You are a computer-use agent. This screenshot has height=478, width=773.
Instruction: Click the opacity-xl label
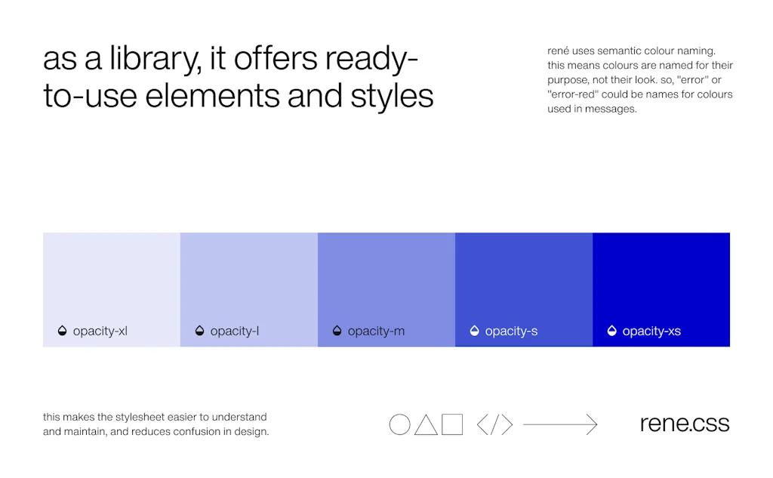(100, 331)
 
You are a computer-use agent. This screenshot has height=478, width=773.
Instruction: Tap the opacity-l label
(235, 331)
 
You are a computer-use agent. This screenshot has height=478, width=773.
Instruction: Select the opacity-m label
(376, 331)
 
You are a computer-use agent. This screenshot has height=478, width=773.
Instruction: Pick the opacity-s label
(511, 331)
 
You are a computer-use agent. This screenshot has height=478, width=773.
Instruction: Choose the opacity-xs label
(651, 331)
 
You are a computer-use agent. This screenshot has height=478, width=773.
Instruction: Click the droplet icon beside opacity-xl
(62, 331)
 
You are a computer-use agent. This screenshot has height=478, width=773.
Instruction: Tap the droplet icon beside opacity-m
(337, 331)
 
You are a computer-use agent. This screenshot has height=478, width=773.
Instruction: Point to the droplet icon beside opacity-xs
(611, 331)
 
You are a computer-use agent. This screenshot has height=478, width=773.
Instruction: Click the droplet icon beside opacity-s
(474, 331)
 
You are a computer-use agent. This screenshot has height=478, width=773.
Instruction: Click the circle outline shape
(390, 424)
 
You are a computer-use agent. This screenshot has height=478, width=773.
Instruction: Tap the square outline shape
(442, 424)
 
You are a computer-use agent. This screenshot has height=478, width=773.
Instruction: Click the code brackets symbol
(495, 424)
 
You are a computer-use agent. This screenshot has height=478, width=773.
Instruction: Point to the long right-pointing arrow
(560, 424)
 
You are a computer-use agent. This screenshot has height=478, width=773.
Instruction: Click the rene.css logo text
(684, 423)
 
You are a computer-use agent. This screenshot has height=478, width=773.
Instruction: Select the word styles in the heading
(392, 96)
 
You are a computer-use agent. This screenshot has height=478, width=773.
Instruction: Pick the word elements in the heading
(213, 95)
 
